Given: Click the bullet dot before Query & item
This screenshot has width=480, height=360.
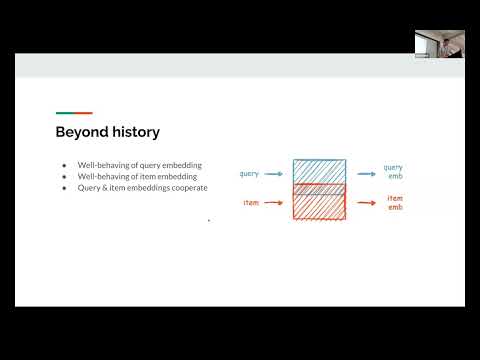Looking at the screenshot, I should pyautogui.click(x=64, y=188).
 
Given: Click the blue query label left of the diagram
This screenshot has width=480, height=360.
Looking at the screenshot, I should pyautogui.click(x=249, y=174).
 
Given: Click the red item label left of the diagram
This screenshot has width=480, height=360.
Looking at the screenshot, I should pyautogui.click(x=252, y=203).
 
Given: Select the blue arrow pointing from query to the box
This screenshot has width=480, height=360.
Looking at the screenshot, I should pyautogui.click(x=276, y=174).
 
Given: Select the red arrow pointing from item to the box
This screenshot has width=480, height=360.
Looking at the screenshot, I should pyautogui.click(x=276, y=203).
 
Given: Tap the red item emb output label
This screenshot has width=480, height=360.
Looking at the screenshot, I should pyautogui.click(x=394, y=203).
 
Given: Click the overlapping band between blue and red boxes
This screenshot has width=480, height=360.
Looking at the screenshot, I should pyautogui.click(x=319, y=189).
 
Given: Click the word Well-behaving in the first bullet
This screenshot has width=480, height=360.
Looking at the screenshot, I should pyautogui.click(x=101, y=164).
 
